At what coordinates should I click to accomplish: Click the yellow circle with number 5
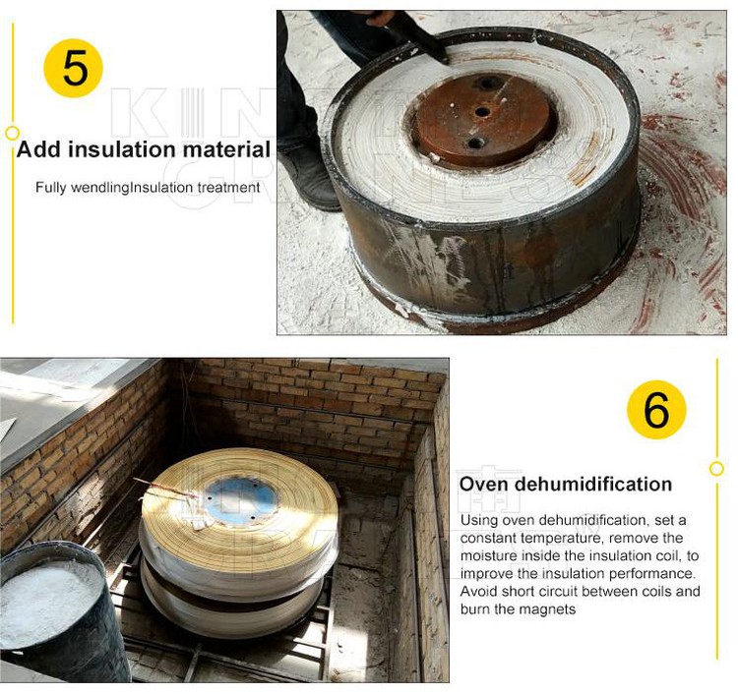point(74,68)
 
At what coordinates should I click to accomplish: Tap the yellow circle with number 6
point(656,410)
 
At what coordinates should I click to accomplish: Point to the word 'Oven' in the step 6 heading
point(485,485)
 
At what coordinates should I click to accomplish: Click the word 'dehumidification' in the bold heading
point(594,485)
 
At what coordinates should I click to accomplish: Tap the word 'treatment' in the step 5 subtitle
point(227,188)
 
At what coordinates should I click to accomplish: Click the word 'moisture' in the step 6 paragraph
point(487,555)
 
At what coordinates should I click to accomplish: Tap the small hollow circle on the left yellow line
point(12,133)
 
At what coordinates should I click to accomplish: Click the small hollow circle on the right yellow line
point(716,469)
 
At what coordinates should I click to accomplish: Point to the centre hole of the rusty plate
point(481,112)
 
